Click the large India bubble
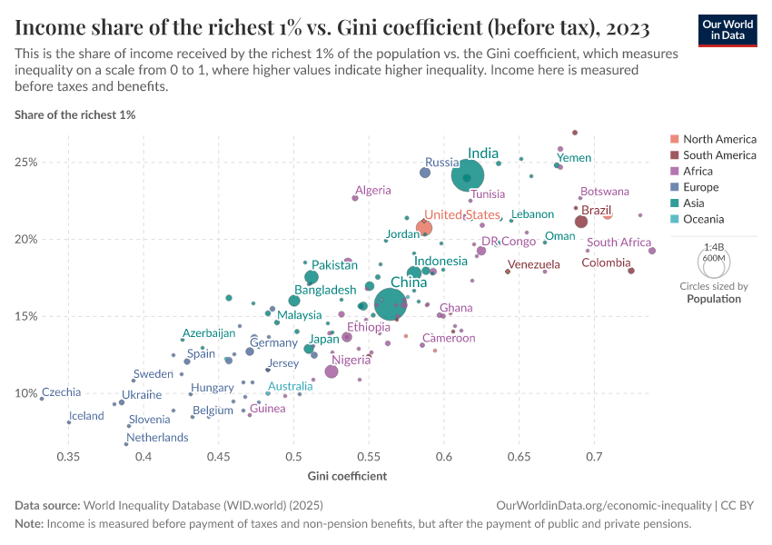click(x=468, y=174)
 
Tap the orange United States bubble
click(x=424, y=227)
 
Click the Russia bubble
click(x=425, y=173)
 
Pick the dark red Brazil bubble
click(x=581, y=222)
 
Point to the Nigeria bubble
click(x=332, y=372)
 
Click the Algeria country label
click(x=373, y=191)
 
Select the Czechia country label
click(x=61, y=392)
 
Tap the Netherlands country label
click(x=157, y=437)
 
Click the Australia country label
click(x=290, y=386)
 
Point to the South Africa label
click(x=619, y=243)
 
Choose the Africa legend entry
click(x=698, y=172)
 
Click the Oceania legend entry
click(x=703, y=219)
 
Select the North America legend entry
click(x=718, y=139)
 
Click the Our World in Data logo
click(x=727, y=29)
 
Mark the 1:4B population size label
click(x=714, y=246)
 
